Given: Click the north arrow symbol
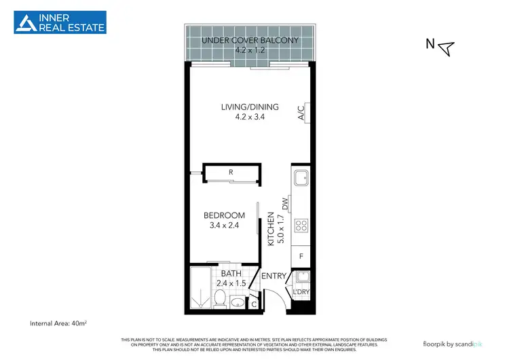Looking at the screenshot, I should click(x=445, y=47).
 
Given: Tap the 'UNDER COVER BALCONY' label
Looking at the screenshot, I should click(x=250, y=40).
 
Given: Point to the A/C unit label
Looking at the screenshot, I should click(x=301, y=113).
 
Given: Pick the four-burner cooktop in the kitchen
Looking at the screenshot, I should click(x=300, y=226).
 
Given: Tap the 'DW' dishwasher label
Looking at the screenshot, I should click(x=286, y=202).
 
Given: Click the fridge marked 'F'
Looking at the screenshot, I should click(x=301, y=257).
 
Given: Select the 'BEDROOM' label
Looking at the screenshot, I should click(x=224, y=216).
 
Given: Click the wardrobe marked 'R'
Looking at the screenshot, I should click(x=231, y=173).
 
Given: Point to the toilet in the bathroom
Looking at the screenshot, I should click(x=220, y=298).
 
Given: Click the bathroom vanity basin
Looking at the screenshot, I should click(x=237, y=302).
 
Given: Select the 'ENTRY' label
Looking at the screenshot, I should click(x=274, y=276).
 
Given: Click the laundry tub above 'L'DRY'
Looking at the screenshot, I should click(x=301, y=277).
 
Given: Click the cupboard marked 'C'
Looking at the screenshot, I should click(x=254, y=304).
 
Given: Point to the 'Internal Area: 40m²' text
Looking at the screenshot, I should click(x=62, y=323).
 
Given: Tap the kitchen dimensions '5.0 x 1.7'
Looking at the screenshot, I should click(x=279, y=230).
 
